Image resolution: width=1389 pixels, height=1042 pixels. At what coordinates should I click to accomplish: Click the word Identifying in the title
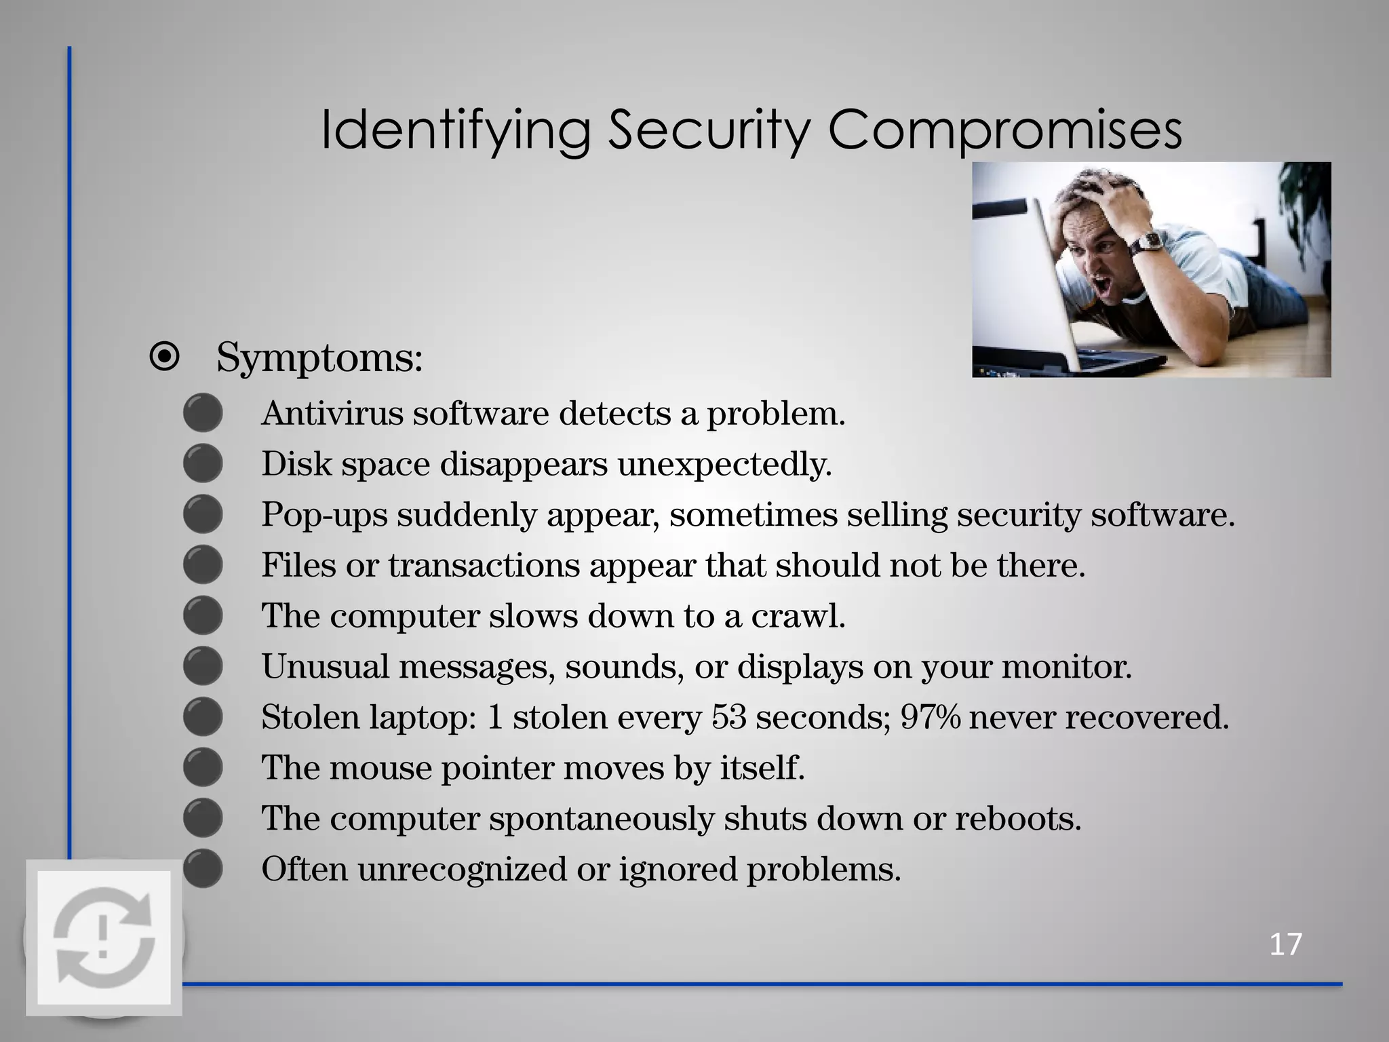pos(455,130)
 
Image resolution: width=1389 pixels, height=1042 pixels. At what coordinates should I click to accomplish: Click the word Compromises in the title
pos(1004,130)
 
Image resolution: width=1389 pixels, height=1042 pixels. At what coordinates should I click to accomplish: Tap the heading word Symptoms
pos(319,357)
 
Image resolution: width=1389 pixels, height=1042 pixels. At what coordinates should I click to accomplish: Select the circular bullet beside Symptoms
pos(165,357)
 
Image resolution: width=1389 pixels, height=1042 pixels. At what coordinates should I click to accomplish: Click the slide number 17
pos(1285,944)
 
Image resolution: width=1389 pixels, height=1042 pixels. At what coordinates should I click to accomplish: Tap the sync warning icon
pos(104,938)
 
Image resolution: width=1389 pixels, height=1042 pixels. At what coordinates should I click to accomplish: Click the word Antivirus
pos(332,413)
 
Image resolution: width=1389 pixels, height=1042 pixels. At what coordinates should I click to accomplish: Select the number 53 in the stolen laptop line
pos(729,717)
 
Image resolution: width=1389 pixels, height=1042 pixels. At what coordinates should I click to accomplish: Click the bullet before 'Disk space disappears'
pos(203,464)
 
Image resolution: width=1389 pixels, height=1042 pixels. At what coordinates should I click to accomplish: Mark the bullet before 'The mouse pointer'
pos(203,767)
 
